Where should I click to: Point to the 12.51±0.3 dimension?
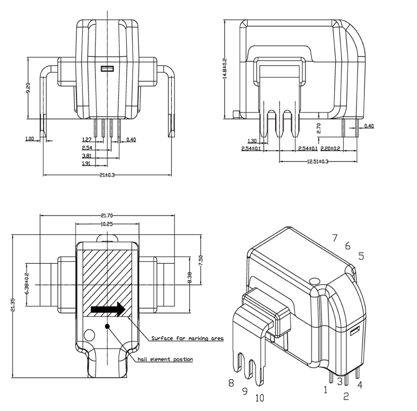point(318,161)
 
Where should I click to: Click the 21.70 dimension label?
point(107,216)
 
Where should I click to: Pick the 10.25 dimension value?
point(107,224)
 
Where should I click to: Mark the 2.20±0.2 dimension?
point(330,148)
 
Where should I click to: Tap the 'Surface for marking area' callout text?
point(187,339)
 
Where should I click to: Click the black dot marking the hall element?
point(107,325)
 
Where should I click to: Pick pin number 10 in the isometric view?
point(260,397)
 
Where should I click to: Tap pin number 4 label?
point(360,385)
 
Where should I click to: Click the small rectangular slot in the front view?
point(107,69)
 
